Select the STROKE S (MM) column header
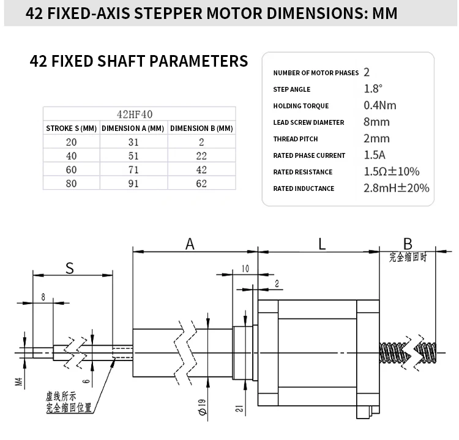click(72, 129)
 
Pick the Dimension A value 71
click(133, 170)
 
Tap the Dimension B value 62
click(201, 184)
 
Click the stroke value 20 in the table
click(71, 142)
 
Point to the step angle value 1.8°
click(373, 89)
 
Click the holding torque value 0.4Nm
click(379, 105)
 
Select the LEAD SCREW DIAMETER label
click(308, 122)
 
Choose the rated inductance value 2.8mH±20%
click(396, 188)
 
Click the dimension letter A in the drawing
click(190, 244)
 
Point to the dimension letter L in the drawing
click(322, 244)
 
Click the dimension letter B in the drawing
click(408, 244)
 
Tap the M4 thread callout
click(18, 384)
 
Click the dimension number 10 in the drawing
click(245, 269)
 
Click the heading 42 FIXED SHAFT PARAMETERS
click(139, 61)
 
